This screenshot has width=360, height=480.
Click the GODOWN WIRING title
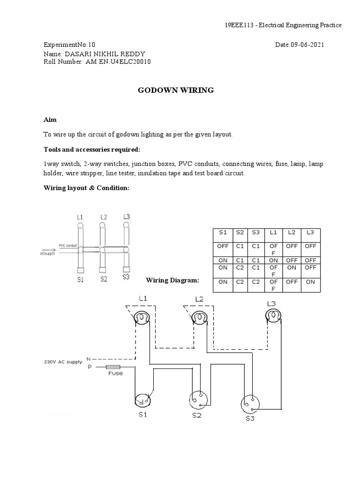coord(175,90)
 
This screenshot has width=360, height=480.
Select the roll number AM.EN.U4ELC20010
coord(118,62)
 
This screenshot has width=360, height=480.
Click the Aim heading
coord(50,120)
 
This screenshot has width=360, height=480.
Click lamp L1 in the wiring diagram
coord(140,318)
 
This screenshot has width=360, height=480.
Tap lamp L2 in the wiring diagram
coord(199,318)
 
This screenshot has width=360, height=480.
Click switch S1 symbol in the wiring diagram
coord(143,401)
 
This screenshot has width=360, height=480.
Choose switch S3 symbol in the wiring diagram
coord(250,404)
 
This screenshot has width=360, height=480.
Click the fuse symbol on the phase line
coord(113,367)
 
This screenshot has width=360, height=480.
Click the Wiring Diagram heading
coord(173,280)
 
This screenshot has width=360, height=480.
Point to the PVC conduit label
coord(68,245)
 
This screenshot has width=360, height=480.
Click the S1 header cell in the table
coord(223,232)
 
